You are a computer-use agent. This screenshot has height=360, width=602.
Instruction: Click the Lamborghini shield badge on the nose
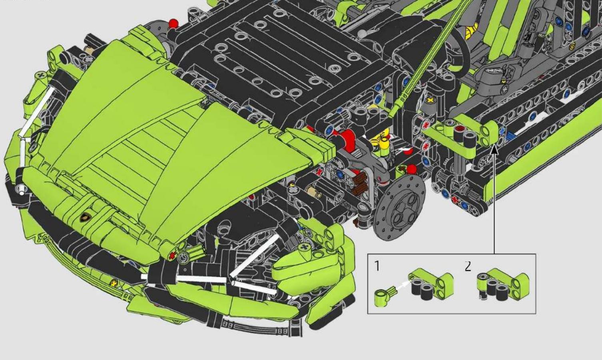click(x=86, y=217)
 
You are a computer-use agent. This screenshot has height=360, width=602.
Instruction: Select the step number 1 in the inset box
click(x=377, y=266)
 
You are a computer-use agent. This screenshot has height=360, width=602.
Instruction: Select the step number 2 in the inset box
click(x=468, y=266)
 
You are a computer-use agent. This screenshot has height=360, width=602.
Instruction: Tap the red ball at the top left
click(x=173, y=23)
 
